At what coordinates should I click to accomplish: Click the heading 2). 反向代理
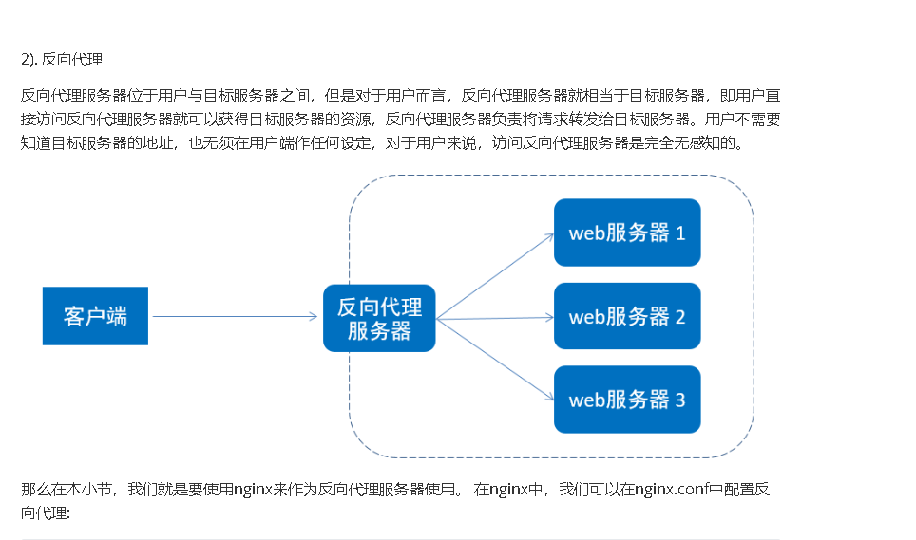click(x=62, y=59)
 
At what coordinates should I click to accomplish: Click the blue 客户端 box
click(x=95, y=316)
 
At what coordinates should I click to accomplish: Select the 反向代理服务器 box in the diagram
click(x=379, y=318)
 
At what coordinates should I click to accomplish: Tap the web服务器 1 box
click(x=627, y=233)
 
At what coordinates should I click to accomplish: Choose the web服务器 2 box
click(x=627, y=316)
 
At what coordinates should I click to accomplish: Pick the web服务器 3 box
click(x=627, y=400)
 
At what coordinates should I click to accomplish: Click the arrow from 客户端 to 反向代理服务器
click(x=233, y=317)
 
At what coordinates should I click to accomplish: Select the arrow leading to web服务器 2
click(x=494, y=318)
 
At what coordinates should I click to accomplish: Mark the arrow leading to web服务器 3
click(x=494, y=359)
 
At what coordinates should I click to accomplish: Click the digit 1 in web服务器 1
click(x=680, y=233)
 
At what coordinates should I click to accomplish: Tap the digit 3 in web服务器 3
click(x=679, y=400)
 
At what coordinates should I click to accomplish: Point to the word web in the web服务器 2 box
click(x=586, y=317)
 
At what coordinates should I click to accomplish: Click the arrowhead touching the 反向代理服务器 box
click(x=314, y=317)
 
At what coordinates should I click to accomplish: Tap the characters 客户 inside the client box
click(x=85, y=316)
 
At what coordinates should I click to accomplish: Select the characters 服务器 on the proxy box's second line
click(x=379, y=330)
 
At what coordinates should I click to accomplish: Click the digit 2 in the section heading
click(x=25, y=59)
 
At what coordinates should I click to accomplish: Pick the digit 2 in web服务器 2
click(x=679, y=316)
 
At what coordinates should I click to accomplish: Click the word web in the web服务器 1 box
click(x=586, y=233)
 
